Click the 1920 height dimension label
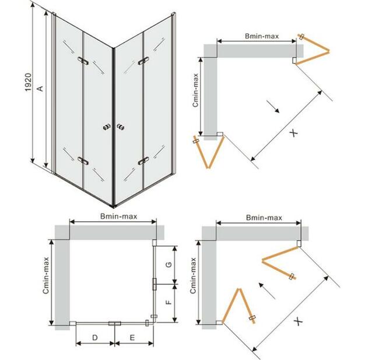pyautogui.click(x=29, y=82)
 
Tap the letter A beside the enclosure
pyautogui.click(x=40, y=89)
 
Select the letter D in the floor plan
pyautogui.click(x=94, y=337)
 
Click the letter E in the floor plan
pyautogui.click(x=132, y=337)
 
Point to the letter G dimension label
pyautogui.click(x=169, y=264)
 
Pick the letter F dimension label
pyautogui.click(x=169, y=302)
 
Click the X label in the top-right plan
pyautogui.click(x=294, y=133)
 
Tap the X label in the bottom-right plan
pyautogui.click(x=299, y=321)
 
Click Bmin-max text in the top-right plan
pyautogui.click(x=262, y=36)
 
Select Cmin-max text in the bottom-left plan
pyautogui.click(x=46, y=275)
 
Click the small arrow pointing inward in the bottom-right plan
pyautogui.click(x=267, y=291)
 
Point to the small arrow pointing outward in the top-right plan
pyautogui.click(x=273, y=106)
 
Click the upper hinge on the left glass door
pyautogui.click(x=83, y=61)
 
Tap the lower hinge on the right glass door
pyautogui.click(x=143, y=161)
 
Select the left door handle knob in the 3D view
pyautogui.click(x=107, y=127)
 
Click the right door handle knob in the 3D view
pyautogui.click(x=120, y=127)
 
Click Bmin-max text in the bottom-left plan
pyautogui.click(x=119, y=216)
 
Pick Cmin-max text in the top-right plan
pyautogui.click(x=195, y=90)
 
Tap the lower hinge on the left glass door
pyautogui.click(x=83, y=160)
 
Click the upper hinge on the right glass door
pyautogui.click(x=143, y=61)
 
